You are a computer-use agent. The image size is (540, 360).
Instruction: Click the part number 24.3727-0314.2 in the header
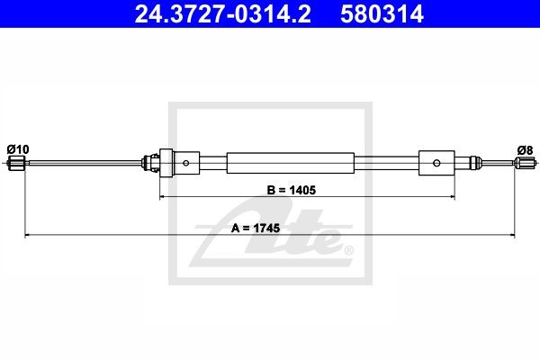(x=223, y=14)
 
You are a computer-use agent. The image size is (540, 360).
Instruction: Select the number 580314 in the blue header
(x=382, y=14)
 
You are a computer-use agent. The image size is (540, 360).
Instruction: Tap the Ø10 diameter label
(x=18, y=149)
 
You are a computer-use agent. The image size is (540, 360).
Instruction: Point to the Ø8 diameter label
(x=525, y=150)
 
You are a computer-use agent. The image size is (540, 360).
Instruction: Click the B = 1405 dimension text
(x=292, y=190)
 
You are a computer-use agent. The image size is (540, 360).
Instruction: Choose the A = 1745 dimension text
(x=256, y=228)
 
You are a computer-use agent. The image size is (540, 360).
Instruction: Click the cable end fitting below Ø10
(x=16, y=163)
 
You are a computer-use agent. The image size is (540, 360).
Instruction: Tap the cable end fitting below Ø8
(x=525, y=162)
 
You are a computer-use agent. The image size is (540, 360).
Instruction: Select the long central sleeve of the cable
(x=291, y=163)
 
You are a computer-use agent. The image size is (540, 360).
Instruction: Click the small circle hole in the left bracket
(x=186, y=163)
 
